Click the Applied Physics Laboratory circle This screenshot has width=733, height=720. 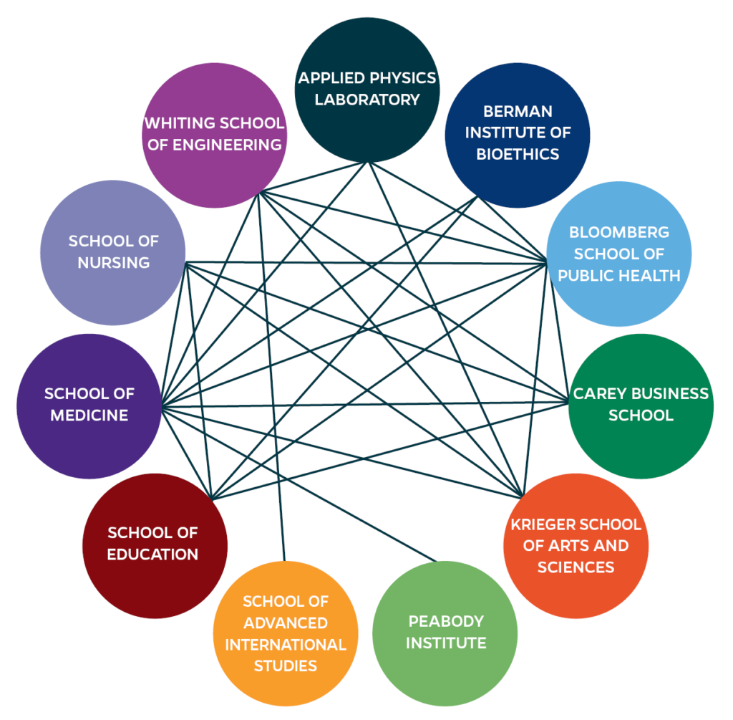pos(367,90)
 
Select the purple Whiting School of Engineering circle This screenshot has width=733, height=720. pos(214,135)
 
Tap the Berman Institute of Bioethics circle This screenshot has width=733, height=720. pos(517,133)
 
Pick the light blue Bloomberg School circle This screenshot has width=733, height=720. pos(619,254)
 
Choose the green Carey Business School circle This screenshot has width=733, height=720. pos(641,405)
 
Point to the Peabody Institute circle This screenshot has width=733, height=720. pos(445,632)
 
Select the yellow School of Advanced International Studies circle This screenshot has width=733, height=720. pos(285,634)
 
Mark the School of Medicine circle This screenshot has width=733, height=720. pos(89,405)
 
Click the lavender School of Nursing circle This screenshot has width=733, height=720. pos(113,252)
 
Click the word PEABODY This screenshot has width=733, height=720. pos(446,621)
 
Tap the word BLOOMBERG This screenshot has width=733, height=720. pos(619,232)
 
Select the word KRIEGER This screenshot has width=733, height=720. pos(544,524)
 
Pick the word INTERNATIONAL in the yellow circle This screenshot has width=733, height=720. pos(286,645)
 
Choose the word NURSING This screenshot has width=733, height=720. pos(114,263)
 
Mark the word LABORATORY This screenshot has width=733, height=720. pos(367,100)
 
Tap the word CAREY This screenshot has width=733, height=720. pos(598,393)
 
